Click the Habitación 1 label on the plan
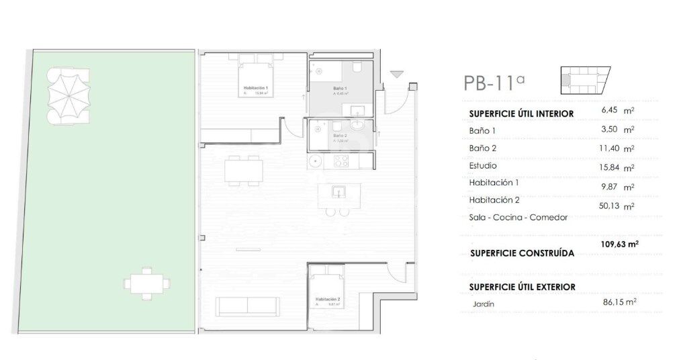[255, 89]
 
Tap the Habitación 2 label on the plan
[328, 299]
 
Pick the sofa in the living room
[247, 306]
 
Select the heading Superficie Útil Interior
[521, 114]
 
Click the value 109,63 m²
[619, 245]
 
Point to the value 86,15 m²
[619, 302]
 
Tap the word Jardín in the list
[483, 304]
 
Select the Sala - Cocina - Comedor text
[518, 218]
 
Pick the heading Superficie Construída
[522, 254]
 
